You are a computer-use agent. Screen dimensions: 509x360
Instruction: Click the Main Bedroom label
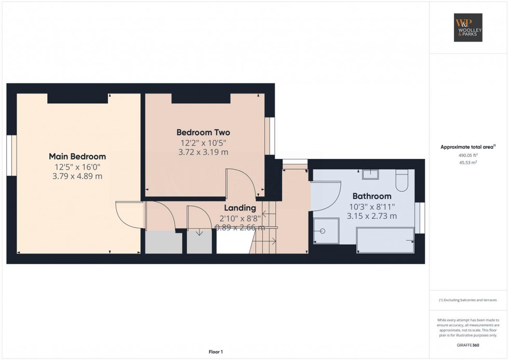(x=77, y=156)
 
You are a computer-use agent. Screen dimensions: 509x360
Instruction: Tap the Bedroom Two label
(x=203, y=132)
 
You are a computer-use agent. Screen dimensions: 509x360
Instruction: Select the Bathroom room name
(x=372, y=196)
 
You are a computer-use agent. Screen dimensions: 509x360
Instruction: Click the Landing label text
(x=240, y=208)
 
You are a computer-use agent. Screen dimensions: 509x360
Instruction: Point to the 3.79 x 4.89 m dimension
(x=77, y=176)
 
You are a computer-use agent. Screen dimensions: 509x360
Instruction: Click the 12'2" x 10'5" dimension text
(x=203, y=143)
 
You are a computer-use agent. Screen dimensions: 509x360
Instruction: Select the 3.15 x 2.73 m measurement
(x=372, y=216)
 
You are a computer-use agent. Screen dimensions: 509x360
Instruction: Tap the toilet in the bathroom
(x=402, y=180)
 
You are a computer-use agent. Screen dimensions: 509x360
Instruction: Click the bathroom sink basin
(x=370, y=175)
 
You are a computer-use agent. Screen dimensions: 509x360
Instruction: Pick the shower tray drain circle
(x=323, y=231)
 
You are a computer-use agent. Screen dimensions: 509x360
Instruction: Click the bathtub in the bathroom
(x=385, y=240)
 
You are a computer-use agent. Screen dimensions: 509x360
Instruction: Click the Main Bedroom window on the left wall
(x=11, y=155)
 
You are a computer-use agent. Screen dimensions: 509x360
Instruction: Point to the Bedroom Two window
(x=270, y=136)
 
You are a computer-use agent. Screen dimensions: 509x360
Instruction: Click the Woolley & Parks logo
(x=468, y=28)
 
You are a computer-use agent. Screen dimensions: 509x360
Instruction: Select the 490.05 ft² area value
(x=468, y=155)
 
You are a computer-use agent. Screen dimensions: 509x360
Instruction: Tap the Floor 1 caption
(x=216, y=352)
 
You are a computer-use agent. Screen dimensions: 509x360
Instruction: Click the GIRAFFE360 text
(x=468, y=345)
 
